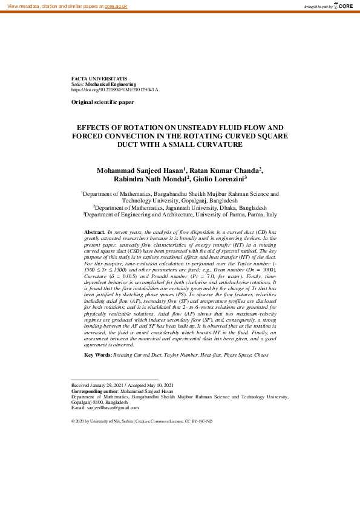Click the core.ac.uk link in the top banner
coord(116,5)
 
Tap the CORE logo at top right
coord(344,5)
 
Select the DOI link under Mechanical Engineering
coord(114,89)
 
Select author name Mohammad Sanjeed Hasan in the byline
coord(142,171)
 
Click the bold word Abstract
coord(94,232)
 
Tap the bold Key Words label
coord(97,355)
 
